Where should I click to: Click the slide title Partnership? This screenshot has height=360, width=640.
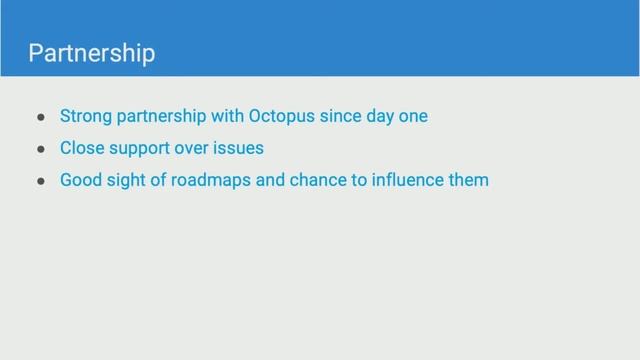click(92, 53)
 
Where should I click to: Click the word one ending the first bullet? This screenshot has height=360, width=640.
click(413, 116)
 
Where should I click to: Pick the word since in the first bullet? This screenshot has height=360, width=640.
click(343, 116)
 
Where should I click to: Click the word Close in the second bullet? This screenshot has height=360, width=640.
click(81, 149)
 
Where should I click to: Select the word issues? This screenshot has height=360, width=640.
click(239, 149)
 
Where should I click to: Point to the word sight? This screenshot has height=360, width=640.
click(126, 182)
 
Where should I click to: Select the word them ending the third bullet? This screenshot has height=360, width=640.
click(469, 181)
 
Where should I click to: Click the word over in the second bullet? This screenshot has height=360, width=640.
click(192, 149)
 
